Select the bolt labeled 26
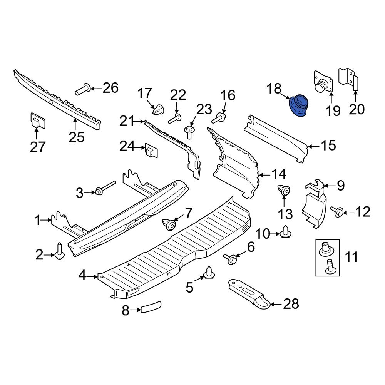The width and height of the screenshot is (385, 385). [x=82, y=90]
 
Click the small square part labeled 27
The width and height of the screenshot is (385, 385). [x=37, y=122]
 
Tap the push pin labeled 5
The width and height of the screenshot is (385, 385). [x=209, y=273]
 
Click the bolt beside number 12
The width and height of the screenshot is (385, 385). [x=338, y=212]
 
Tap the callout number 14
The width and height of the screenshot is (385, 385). [x=278, y=175]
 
